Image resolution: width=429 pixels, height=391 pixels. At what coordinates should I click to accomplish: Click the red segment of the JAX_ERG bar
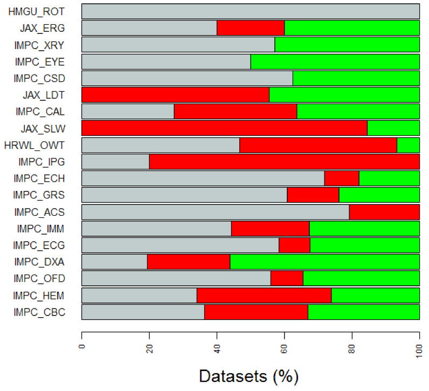click(x=251, y=28)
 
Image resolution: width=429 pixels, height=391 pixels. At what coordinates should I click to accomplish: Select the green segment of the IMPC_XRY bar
click(x=347, y=45)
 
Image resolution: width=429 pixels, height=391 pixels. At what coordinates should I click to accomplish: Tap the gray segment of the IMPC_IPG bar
click(x=115, y=162)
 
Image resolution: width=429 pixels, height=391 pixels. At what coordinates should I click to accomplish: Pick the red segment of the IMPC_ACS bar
click(x=384, y=212)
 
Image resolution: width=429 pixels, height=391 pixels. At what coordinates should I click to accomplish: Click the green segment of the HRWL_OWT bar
click(x=408, y=145)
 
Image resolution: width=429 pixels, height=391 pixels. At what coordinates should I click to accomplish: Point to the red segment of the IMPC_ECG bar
click(x=294, y=245)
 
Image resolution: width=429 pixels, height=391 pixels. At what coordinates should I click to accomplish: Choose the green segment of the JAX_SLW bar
click(x=393, y=128)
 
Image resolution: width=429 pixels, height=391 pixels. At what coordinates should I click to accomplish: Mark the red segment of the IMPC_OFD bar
click(x=287, y=279)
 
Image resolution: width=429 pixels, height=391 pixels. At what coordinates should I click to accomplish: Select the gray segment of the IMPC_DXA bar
click(x=114, y=262)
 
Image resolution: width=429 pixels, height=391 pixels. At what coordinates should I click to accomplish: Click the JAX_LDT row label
click(x=43, y=95)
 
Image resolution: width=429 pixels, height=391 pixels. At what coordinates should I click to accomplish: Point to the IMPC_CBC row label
click(x=39, y=312)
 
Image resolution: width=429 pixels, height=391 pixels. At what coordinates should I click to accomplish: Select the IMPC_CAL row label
click(x=39, y=112)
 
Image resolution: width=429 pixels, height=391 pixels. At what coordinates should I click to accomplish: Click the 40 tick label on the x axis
click(x=217, y=343)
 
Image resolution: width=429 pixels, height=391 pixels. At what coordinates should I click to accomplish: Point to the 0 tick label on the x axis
click(x=82, y=341)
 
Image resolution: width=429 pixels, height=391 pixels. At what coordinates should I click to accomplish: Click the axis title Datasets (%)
click(x=248, y=375)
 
